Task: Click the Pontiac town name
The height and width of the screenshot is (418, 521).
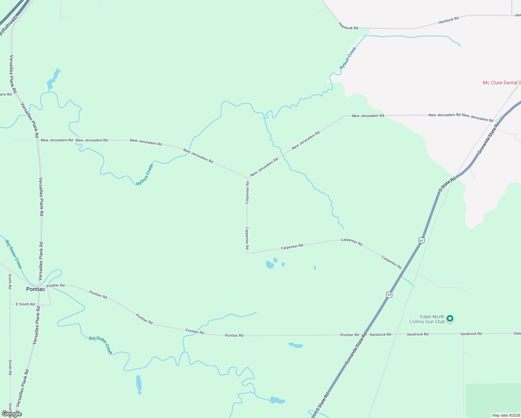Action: (36, 289)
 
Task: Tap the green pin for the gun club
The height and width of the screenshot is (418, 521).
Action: (450, 318)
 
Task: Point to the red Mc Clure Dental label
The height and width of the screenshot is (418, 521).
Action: (501, 83)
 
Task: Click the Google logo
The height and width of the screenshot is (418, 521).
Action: (12, 414)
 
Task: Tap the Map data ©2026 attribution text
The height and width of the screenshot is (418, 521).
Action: (506, 415)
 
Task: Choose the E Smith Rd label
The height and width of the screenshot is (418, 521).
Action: (25, 304)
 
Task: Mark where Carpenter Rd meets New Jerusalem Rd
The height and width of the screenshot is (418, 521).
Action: (248, 177)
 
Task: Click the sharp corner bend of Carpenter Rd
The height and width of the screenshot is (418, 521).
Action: (247, 253)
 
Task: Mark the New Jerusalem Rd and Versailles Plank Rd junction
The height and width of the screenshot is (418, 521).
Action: (37, 140)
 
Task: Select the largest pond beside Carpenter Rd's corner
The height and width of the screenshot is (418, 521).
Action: (270, 265)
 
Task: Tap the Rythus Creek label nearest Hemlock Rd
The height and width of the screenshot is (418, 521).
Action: (348, 58)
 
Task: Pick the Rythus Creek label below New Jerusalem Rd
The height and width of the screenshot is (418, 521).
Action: (145, 175)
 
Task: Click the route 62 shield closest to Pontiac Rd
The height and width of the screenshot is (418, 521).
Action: (389, 295)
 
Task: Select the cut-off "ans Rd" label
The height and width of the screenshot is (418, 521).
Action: (6, 94)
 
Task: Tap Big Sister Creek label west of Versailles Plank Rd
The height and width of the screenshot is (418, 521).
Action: (14, 254)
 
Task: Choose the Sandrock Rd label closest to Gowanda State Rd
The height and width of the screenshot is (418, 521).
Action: (380, 334)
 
